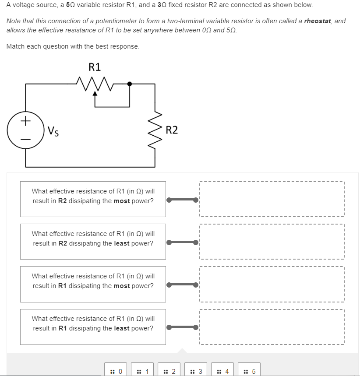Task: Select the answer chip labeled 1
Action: (143, 371)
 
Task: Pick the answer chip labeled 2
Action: (169, 371)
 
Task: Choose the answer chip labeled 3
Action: (196, 371)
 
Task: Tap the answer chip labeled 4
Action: (222, 371)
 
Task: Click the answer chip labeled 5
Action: (249, 371)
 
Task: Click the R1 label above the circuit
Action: (95, 67)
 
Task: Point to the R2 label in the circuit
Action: (172, 130)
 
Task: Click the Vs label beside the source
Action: (53, 130)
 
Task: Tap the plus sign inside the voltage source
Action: (25, 120)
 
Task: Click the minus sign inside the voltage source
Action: (25, 140)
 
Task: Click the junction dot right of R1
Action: (130, 84)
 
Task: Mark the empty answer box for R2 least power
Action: (272, 242)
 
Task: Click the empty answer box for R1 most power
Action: (272, 284)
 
